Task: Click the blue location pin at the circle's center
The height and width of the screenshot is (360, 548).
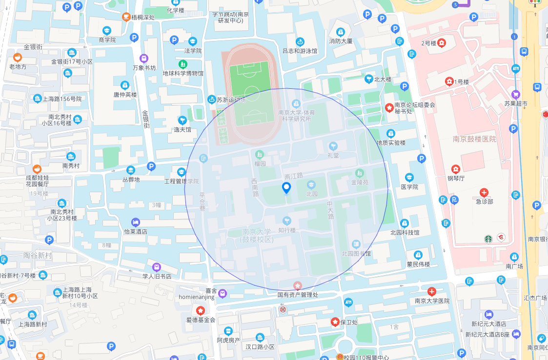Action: (286, 187)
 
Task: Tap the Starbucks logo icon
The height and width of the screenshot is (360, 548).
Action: (487, 239)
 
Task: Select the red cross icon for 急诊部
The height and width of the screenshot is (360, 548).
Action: (484, 193)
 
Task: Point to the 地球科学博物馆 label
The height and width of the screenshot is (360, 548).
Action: (183, 73)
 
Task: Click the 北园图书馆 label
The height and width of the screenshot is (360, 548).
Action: (356, 254)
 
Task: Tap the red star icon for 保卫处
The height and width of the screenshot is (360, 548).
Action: (335, 321)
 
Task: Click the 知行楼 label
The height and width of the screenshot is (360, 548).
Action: (287, 230)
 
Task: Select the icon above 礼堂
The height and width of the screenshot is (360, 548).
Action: (333, 146)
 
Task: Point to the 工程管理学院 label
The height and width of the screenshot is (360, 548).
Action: (182, 181)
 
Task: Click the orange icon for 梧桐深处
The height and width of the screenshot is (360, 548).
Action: (126, 17)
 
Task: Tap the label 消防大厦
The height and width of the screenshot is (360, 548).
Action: (341, 41)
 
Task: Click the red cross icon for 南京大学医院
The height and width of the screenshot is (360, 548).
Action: (431, 292)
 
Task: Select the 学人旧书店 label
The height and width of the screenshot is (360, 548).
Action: (157, 276)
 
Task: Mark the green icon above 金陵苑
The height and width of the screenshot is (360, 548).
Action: (360, 173)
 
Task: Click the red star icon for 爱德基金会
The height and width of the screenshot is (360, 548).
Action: (200, 310)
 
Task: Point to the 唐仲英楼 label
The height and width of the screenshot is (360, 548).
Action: (125, 95)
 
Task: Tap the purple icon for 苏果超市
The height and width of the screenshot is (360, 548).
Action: (516, 94)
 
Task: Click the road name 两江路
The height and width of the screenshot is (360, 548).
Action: (294, 175)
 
